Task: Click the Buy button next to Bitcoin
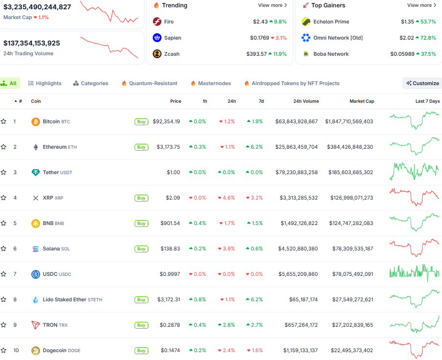(x=141, y=121)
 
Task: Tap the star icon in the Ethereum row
(x=3, y=147)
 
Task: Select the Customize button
(x=422, y=83)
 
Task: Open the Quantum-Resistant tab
(x=149, y=83)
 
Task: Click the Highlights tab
(x=45, y=83)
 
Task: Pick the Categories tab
(x=91, y=83)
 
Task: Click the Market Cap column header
(x=362, y=101)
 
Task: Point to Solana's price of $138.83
(x=170, y=248)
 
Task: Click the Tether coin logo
(x=35, y=172)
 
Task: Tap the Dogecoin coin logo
(x=35, y=350)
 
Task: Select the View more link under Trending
(x=273, y=5)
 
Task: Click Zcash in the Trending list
(x=172, y=54)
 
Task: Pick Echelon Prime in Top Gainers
(x=331, y=22)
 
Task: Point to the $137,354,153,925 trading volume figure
(x=32, y=43)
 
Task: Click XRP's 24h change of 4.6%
(x=227, y=198)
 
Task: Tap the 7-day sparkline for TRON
(x=414, y=325)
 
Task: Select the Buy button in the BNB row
(x=141, y=223)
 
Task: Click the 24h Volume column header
(x=306, y=101)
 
